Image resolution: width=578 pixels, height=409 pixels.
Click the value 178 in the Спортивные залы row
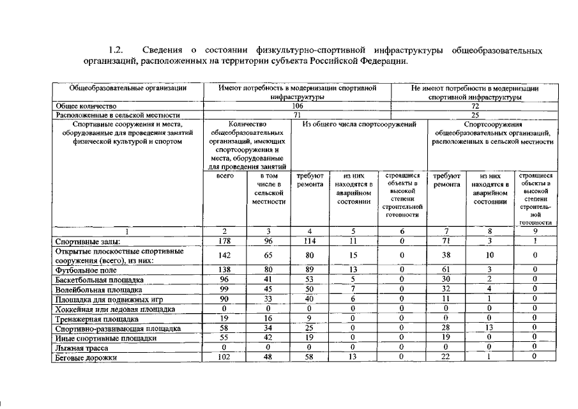[x=224, y=241]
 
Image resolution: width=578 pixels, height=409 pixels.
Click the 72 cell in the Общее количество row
[x=475, y=105]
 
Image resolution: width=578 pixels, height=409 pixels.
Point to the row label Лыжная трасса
[x=73, y=349]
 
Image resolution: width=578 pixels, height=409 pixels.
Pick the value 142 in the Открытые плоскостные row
[x=224, y=255]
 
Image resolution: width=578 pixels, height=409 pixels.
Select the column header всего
[x=224, y=174]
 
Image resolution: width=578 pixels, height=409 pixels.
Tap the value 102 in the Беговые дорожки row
[x=224, y=359]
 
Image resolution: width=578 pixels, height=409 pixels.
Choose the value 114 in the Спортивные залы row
[x=310, y=241]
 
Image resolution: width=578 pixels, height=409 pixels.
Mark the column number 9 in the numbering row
[x=535, y=231]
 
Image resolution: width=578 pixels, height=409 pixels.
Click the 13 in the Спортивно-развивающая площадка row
[x=488, y=328]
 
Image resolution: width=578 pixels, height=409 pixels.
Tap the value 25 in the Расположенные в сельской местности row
[x=475, y=114]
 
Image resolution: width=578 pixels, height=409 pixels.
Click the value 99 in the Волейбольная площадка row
[x=224, y=289]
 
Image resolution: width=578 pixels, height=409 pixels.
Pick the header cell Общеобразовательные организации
[x=128, y=88]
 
